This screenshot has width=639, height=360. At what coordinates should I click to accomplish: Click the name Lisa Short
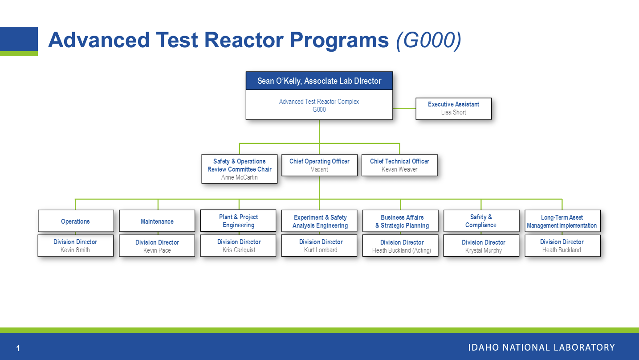tap(453, 112)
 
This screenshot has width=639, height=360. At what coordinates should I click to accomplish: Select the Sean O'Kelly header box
tap(319, 81)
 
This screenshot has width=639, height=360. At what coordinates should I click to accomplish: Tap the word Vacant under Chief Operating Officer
tap(319, 169)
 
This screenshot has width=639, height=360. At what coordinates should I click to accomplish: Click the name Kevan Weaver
tap(399, 169)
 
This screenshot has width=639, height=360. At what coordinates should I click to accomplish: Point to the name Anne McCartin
tap(239, 177)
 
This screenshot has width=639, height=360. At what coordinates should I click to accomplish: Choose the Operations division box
tap(76, 221)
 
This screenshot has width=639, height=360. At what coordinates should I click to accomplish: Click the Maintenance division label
tap(157, 221)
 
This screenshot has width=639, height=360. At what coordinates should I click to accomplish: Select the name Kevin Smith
tap(75, 250)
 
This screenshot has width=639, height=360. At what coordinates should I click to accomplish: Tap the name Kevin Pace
tap(157, 250)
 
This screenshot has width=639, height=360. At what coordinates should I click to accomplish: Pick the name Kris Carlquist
tap(239, 250)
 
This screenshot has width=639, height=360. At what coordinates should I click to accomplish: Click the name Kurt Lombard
tap(321, 250)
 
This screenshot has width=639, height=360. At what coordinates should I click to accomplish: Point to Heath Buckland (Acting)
tap(402, 251)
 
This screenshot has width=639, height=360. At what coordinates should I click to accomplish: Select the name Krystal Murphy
tap(483, 250)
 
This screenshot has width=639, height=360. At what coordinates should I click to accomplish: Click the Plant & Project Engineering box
tap(238, 221)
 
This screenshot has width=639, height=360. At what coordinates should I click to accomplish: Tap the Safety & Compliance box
tap(481, 221)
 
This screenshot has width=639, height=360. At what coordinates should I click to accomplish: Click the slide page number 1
tap(18, 348)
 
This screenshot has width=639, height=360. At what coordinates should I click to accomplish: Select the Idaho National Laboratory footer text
tap(541, 348)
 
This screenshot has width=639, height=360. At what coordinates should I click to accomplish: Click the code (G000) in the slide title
tap(428, 40)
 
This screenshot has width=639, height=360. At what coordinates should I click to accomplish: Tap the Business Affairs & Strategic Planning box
tap(402, 221)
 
